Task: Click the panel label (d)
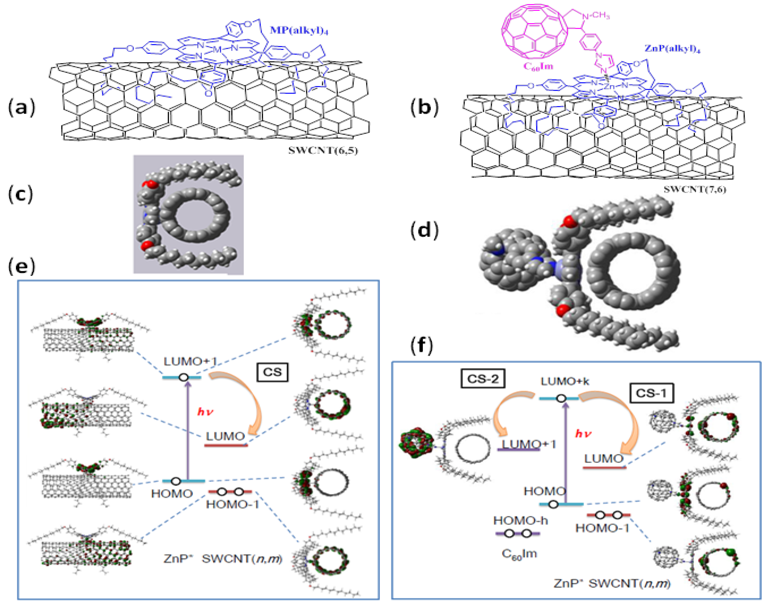pyautogui.click(x=424, y=230)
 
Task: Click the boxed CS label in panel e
pyautogui.click(x=272, y=372)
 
